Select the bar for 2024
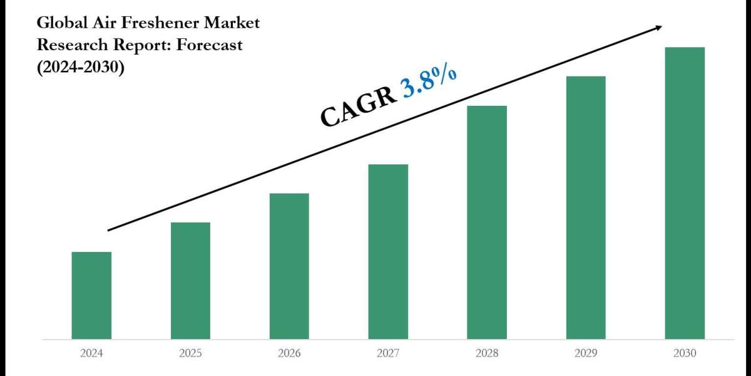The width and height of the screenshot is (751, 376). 91,295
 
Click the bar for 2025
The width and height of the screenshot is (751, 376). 190,281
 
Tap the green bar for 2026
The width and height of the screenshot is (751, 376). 289,266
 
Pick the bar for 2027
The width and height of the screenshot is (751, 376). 388,251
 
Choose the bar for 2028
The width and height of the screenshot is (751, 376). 487,222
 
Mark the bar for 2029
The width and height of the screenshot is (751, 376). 586,207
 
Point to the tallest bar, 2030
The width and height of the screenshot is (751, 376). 685,193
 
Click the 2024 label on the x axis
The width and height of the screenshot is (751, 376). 91,353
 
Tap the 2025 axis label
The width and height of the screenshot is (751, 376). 190,353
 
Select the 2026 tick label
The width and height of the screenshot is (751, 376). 289,353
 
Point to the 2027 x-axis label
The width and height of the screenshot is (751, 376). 388,353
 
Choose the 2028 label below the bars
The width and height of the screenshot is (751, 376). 487,353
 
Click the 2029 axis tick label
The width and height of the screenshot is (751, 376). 586,353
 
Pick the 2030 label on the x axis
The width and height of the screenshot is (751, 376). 685,353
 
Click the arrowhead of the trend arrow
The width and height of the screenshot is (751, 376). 658,28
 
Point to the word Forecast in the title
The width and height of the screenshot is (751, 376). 208,45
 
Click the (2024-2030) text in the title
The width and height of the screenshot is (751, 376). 81,67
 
